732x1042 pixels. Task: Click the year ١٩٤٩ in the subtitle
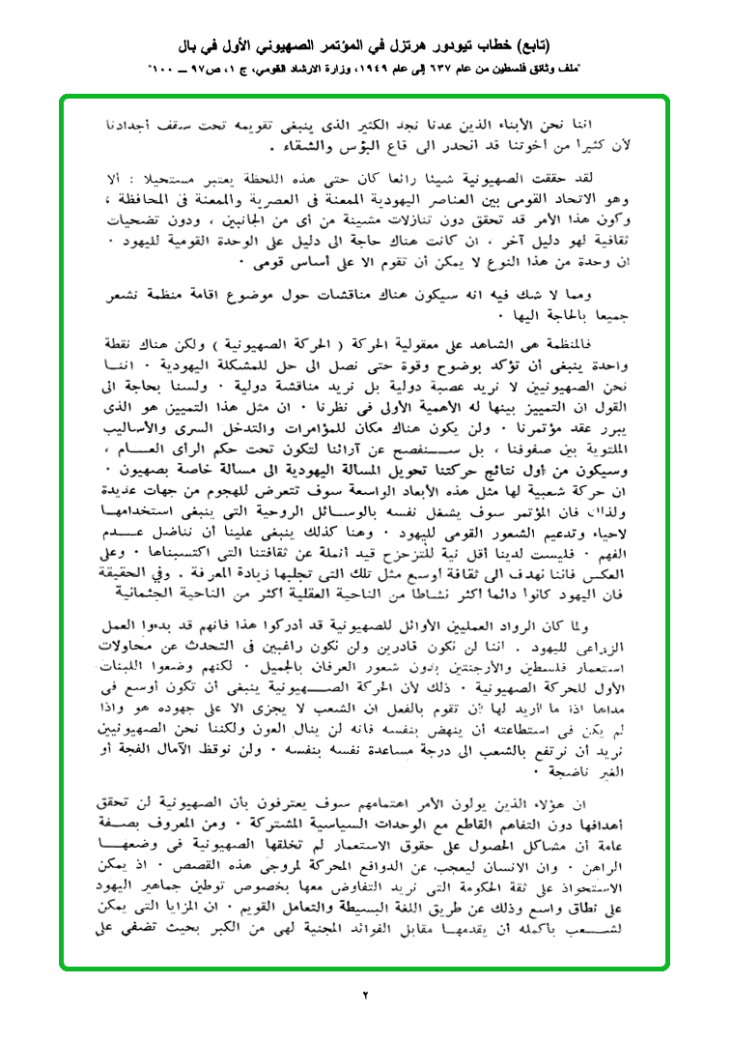point(373,71)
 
